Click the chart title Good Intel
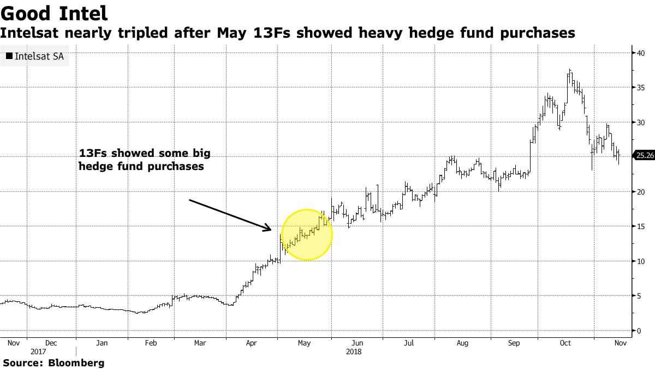[x=54, y=13]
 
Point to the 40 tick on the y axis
[x=638, y=52]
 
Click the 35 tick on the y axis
[x=638, y=87]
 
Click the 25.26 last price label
[x=644, y=156]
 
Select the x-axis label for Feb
[x=151, y=343]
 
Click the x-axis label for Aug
[x=462, y=343]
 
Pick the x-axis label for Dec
[x=51, y=343]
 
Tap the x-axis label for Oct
[x=565, y=343]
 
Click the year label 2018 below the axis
[x=354, y=352]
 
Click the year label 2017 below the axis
[x=39, y=352]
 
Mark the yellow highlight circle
[x=307, y=235]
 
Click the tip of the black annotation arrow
[x=271, y=229]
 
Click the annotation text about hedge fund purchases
[x=144, y=159]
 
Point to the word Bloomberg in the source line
[x=76, y=362]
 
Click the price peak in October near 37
[x=569, y=70]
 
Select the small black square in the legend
[x=9, y=56]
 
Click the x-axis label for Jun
[x=358, y=343]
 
